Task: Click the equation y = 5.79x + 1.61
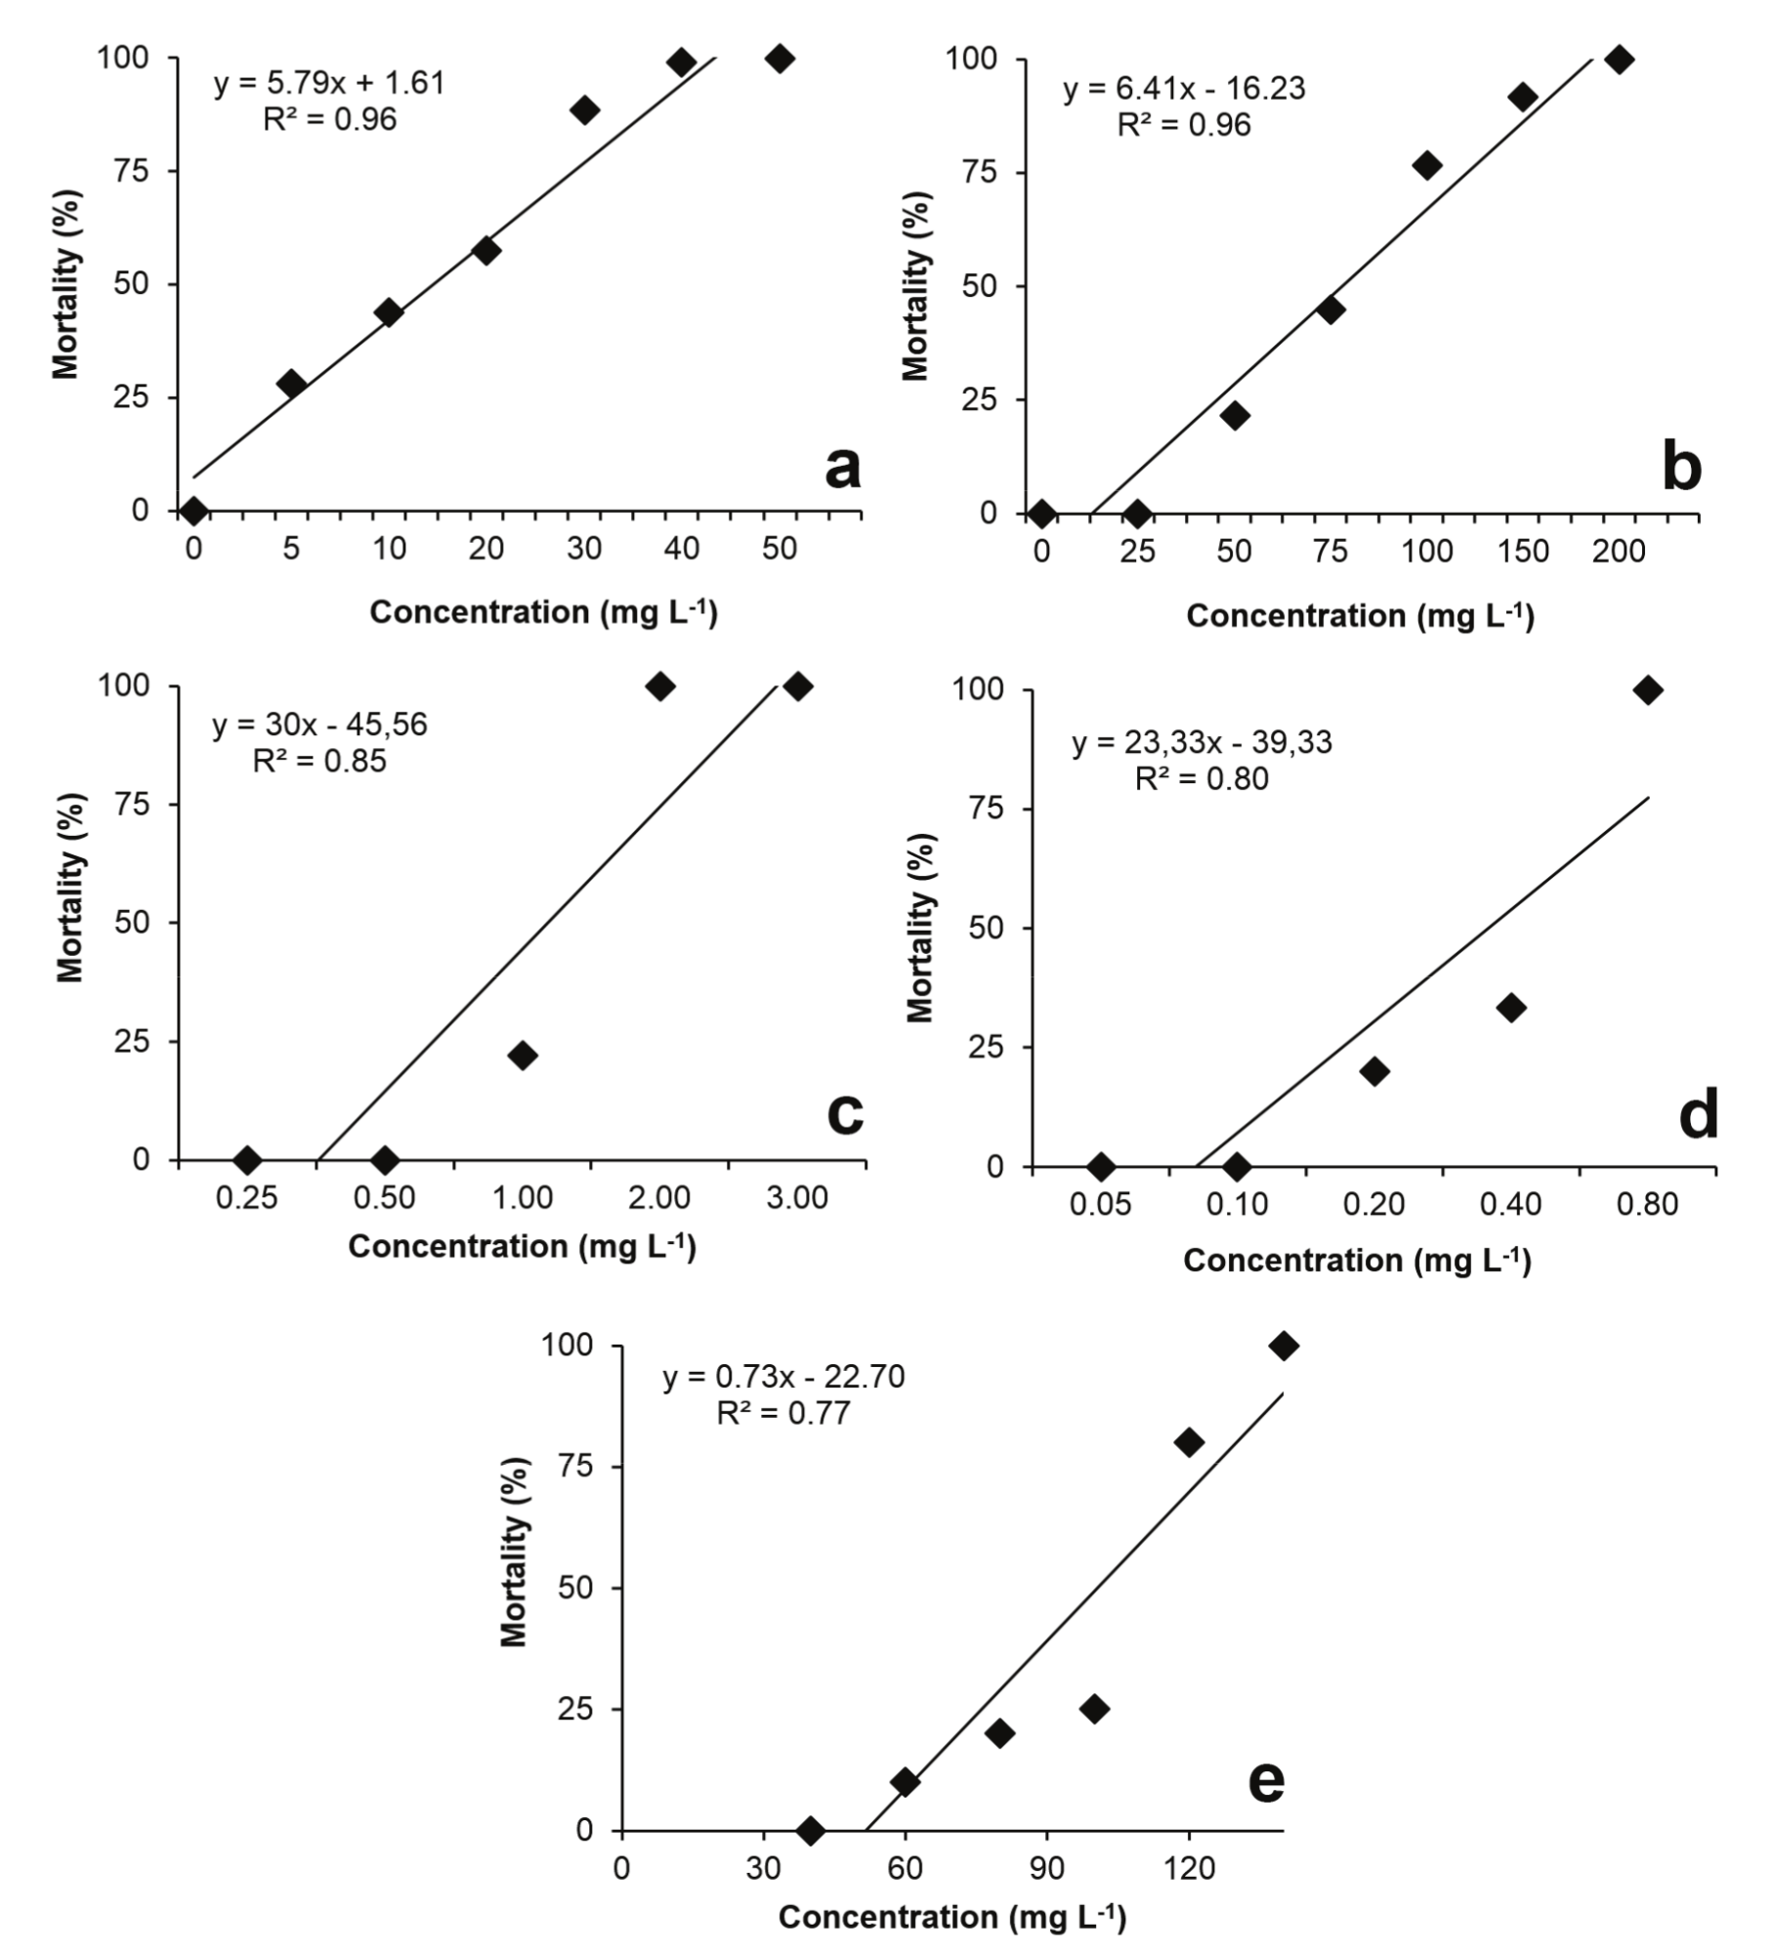[x=329, y=83]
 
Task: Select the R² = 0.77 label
[x=783, y=1413]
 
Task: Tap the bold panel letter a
[x=842, y=468]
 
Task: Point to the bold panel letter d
[x=1698, y=1115]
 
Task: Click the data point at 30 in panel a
[x=584, y=109]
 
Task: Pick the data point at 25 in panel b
[x=1137, y=513]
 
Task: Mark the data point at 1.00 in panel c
[x=522, y=1055]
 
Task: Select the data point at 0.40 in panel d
[x=1510, y=1008]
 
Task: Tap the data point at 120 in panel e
[x=1189, y=1441]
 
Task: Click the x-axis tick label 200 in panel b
[x=1619, y=552]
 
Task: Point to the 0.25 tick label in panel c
[x=247, y=1198]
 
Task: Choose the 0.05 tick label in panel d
[x=1100, y=1205]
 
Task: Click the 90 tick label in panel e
[x=1047, y=1869]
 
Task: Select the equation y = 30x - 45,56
[x=319, y=725]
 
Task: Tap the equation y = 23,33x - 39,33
[x=1202, y=743]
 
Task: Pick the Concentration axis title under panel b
[x=1360, y=616]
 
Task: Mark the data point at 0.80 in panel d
[x=1648, y=690]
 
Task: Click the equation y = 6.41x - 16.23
[x=1184, y=89]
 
